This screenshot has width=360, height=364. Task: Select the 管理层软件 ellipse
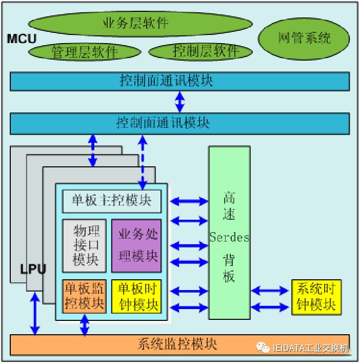[85, 51]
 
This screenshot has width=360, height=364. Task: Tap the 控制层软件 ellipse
[201, 51]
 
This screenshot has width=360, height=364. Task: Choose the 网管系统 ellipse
[305, 38]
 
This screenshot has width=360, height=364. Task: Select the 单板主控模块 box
[111, 201]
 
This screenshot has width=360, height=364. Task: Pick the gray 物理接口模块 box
[85, 245]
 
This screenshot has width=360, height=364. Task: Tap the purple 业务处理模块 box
[136, 245]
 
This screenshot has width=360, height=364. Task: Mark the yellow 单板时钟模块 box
[136, 296]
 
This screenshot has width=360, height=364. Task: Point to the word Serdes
[229, 238]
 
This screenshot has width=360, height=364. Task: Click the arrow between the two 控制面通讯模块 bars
[179, 102]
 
